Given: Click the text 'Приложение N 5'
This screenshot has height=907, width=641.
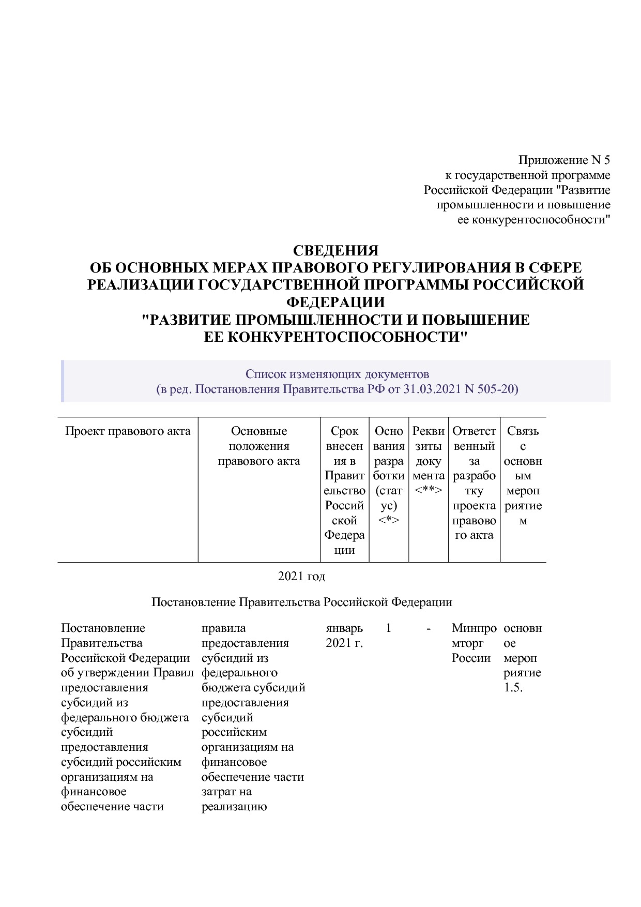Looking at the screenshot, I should point(564,160).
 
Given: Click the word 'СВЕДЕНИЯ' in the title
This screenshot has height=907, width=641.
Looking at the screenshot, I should point(335,251).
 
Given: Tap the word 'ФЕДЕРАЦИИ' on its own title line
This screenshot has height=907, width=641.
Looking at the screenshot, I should point(335,302).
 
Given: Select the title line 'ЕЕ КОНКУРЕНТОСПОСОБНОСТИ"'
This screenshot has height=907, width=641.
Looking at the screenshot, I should point(335,337).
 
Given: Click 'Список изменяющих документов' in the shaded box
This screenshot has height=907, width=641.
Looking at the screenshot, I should point(337,374).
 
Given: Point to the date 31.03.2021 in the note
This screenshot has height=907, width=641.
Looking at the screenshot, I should point(433,389).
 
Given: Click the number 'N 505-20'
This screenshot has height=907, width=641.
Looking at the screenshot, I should point(491,389).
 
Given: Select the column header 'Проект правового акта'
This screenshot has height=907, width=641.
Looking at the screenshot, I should point(128,431).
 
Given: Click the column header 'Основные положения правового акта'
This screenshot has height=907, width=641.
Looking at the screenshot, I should point(259,446).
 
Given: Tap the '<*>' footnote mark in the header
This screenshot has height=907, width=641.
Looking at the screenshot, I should point(389,520).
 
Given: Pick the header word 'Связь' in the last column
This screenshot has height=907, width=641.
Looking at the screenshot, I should point(523,431).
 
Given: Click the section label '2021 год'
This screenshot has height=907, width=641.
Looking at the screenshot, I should point(301,576).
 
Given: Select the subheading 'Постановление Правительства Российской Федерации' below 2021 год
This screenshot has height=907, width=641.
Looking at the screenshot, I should point(301,602).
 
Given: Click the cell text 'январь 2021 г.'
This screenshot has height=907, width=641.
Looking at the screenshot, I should point(344,636).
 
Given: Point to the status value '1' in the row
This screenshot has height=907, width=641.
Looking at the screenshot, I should point(389,628).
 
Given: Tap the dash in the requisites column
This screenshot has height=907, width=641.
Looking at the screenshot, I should point(429,628).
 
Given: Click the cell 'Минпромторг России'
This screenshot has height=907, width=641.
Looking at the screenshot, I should point(474,643).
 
